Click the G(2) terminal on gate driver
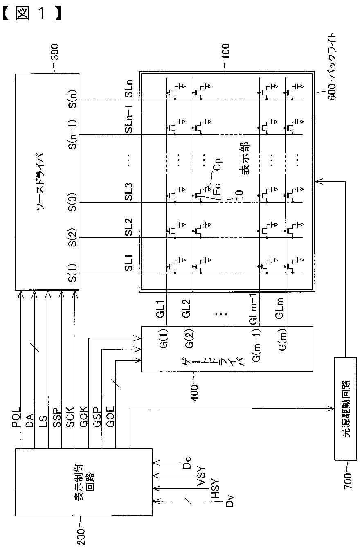coord(189,339)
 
